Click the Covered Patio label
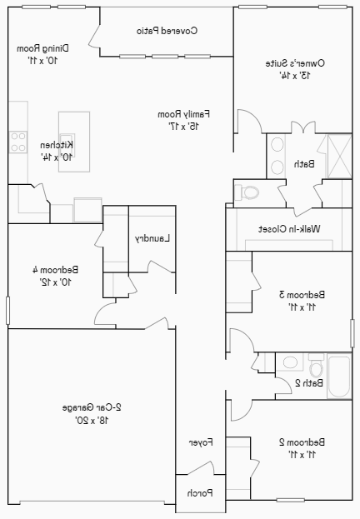(167, 31)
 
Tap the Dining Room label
(44, 48)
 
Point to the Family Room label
(183, 113)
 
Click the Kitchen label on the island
(57, 145)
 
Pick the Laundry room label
(152, 238)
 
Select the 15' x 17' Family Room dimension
(183, 126)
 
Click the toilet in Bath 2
(316, 366)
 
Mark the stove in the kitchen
(17, 142)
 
